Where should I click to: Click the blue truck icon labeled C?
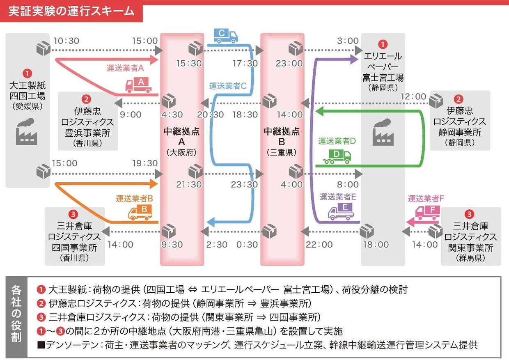(225, 36)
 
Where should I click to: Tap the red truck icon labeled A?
(138, 85)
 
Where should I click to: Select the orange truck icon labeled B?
(140, 212)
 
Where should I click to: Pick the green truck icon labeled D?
(337, 156)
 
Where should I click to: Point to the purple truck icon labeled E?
(341, 211)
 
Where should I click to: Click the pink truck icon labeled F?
(428, 212)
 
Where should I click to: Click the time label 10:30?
(66, 41)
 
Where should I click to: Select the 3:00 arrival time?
(348, 41)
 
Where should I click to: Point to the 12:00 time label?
(413, 96)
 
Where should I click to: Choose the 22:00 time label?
(319, 245)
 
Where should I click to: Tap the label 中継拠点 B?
(282, 136)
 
